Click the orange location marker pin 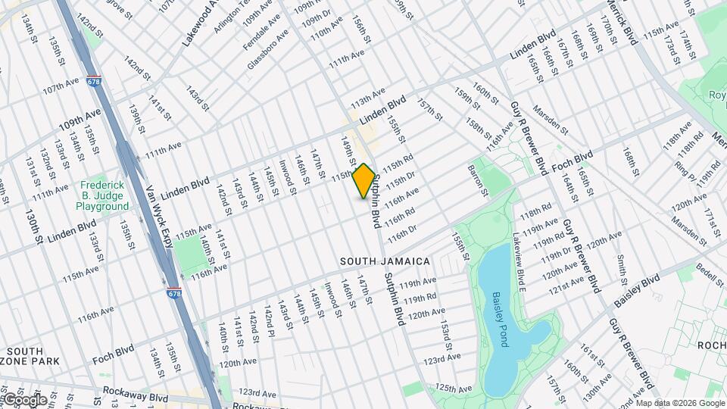(x=363, y=181)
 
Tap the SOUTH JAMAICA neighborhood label (x=385, y=261)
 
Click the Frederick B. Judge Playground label (x=105, y=195)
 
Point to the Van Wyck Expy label (x=160, y=216)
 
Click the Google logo (x=24, y=399)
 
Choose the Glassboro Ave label (x=269, y=50)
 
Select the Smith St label (x=622, y=268)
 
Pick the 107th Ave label (x=61, y=89)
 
